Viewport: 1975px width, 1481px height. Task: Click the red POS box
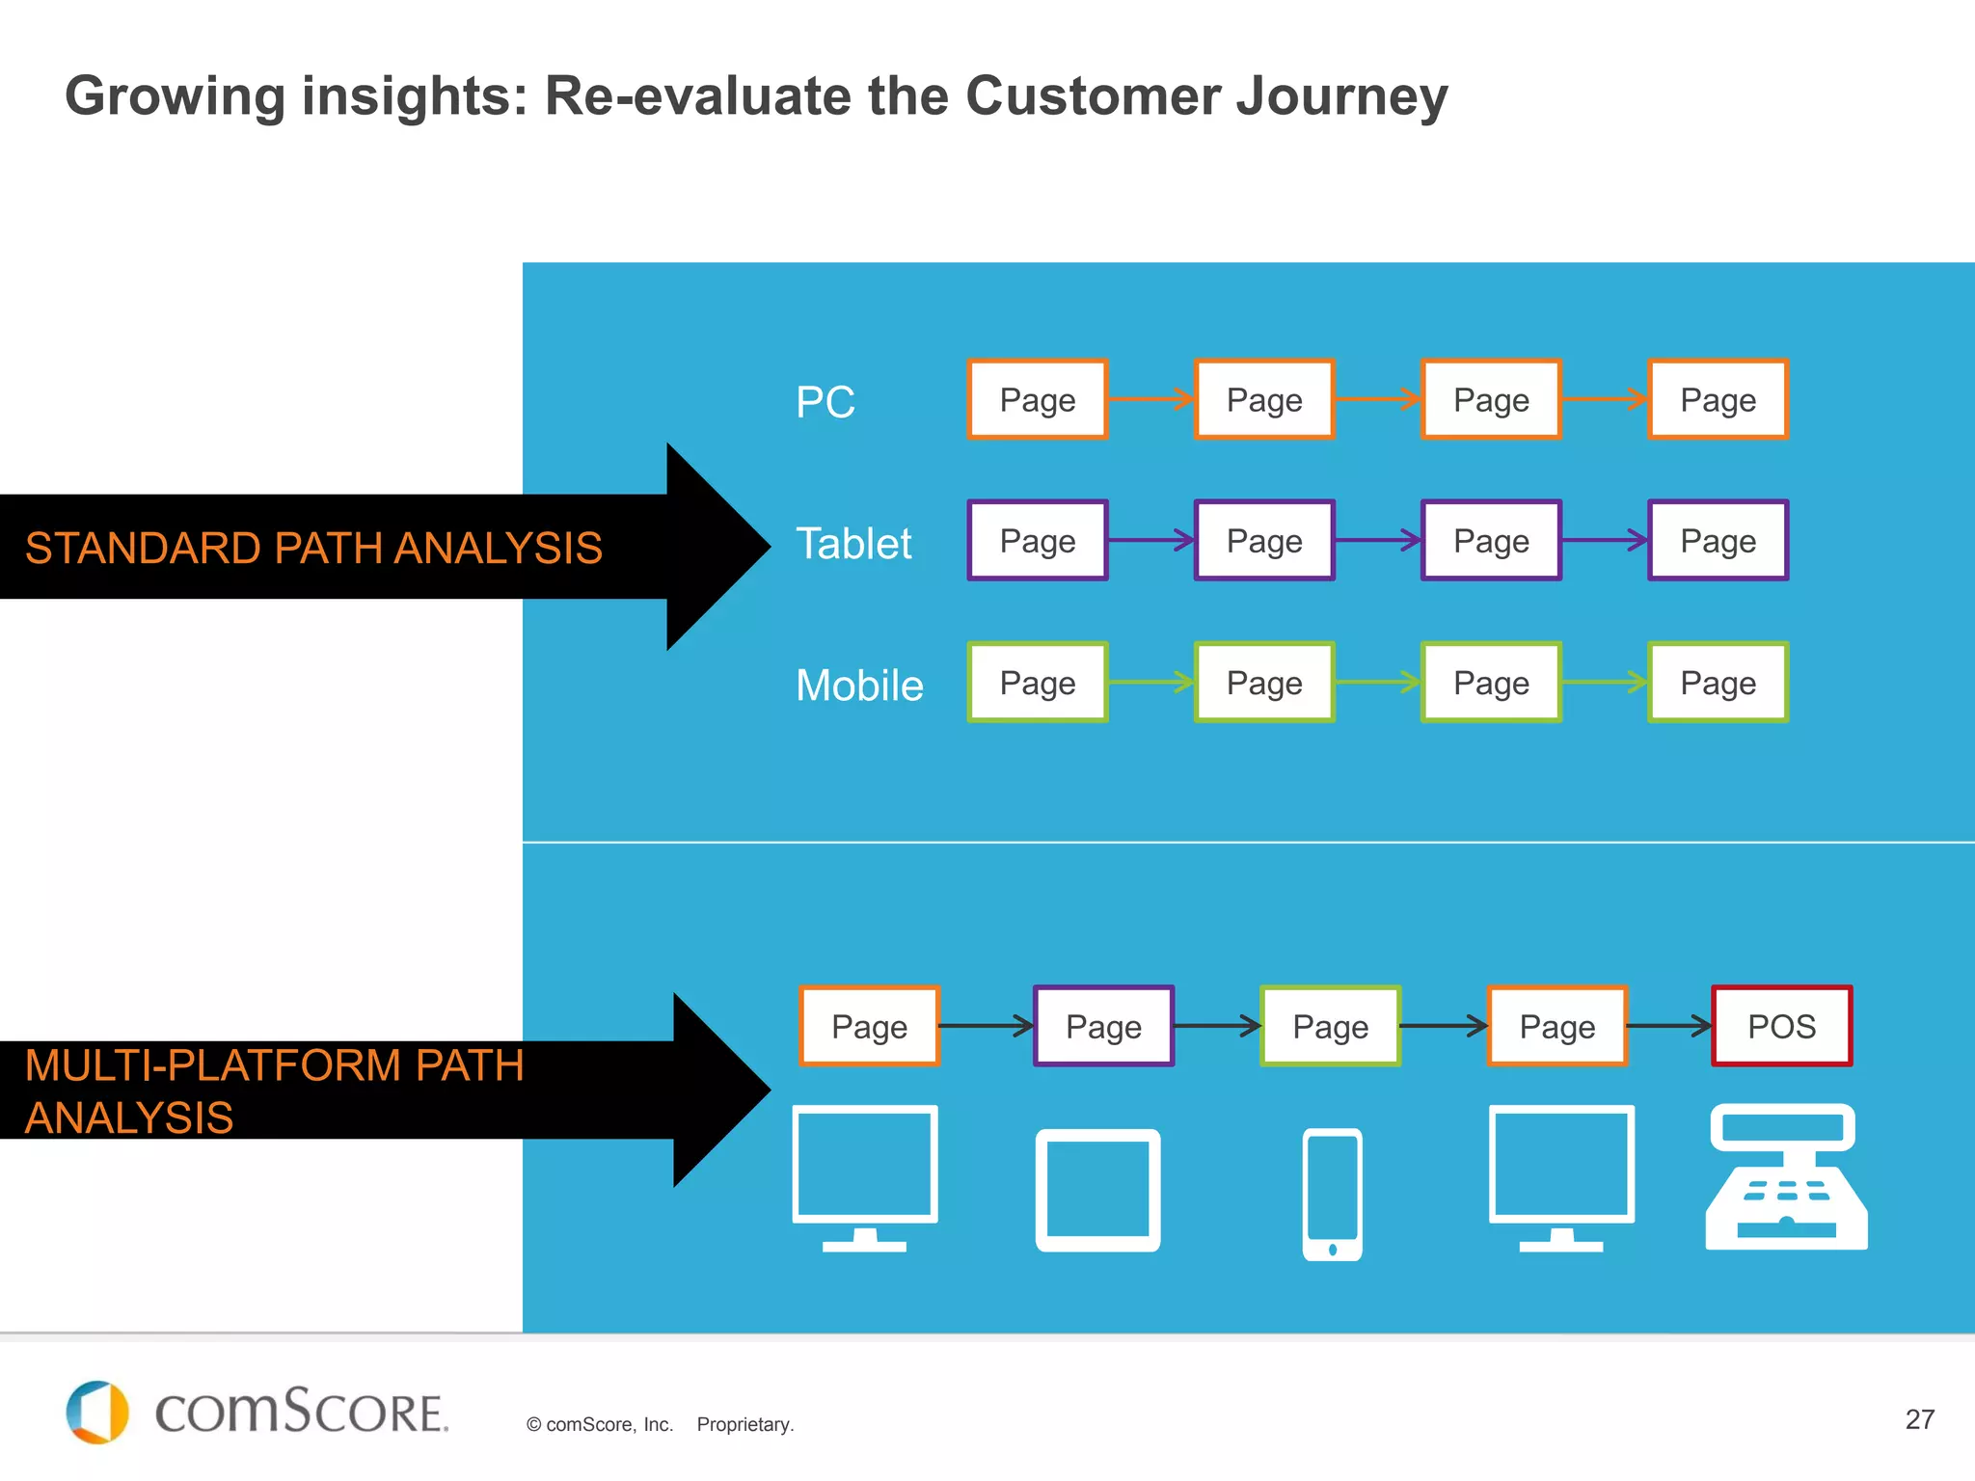(x=1781, y=1026)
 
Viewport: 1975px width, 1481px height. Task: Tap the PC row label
(x=825, y=402)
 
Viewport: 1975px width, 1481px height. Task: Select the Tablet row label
(x=853, y=543)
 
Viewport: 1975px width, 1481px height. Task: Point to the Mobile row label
(x=859, y=685)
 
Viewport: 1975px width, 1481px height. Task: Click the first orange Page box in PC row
(x=1038, y=399)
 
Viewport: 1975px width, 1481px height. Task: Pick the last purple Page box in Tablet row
(x=1718, y=541)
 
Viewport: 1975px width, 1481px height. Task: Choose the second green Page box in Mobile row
(x=1264, y=683)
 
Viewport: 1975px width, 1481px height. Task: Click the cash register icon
(x=1786, y=1178)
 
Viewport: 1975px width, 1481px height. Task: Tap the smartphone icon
(x=1332, y=1195)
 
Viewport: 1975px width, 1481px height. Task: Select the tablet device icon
(x=1097, y=1190)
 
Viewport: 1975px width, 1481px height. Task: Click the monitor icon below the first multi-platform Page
(x=865, y=1177)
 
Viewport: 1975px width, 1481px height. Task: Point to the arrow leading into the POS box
(x=1669, y=1026)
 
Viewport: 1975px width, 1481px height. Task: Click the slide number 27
(x=1919, y=1419)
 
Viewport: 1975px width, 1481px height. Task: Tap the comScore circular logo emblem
(x=96, y=1412)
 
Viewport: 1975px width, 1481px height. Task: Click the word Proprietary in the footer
(x=744, y=1424)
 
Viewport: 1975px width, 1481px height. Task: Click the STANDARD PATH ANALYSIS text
(x=313, y=548)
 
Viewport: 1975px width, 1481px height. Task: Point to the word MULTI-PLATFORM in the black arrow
(x=212, y=1065)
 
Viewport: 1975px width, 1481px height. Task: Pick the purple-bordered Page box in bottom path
(x=1103, y=1026)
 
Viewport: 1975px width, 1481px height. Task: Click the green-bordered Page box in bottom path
(x=1330, y=1026)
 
